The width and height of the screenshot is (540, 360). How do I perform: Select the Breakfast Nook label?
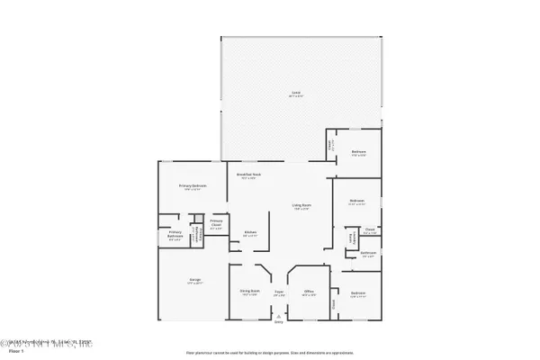pyautogui.click(x=248, y=175)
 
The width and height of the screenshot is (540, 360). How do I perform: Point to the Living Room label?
pyautogui.click(x=300, y=207)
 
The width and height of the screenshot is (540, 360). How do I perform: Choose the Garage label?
pyautogui.click(x=195, y=282)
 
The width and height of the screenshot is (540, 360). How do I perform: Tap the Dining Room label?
pyautogui.click(x=249, y=292)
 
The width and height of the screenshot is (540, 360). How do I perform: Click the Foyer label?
pyautogui.click(x=279, y=292)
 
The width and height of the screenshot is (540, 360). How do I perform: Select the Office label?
pyautogui.click(x=308, y=292)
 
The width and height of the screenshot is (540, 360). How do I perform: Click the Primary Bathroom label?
pyautogui.click(x=175, y=237)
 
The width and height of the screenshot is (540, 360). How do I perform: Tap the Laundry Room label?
pyautogui.click(x=350, y=238)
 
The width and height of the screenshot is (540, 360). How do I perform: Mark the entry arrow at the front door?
pyautogui.click(x=279, y=317)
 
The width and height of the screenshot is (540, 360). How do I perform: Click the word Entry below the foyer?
pyautogui.click(x=279, y=322)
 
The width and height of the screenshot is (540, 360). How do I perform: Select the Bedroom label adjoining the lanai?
pyautogui.click(x=357, y=153)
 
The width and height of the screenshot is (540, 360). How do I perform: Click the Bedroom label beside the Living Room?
pyautogui.click(x=356, y=202)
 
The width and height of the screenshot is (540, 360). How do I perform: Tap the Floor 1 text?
pyautogui.click(x=15, y=352)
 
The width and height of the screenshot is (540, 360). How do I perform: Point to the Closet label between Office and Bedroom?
pyautogui.click(x=333, y=304)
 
